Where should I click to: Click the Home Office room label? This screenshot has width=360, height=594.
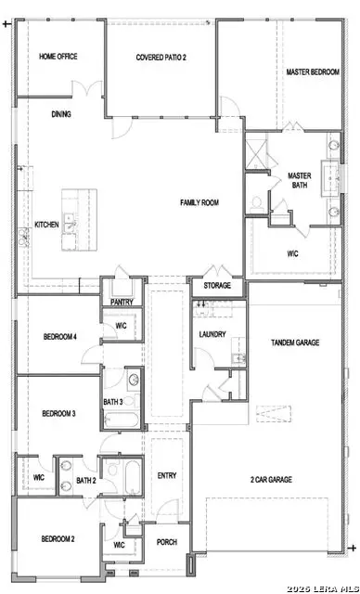[58, 57]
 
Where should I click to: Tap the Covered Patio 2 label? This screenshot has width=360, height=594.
[161, 57]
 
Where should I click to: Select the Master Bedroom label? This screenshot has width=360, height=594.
[311, 71]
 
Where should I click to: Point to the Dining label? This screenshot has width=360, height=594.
[62, 114]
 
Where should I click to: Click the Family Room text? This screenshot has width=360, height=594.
[199, 201]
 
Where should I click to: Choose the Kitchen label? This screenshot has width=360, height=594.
[47, 225]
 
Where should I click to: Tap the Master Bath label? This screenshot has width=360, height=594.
[299, 180]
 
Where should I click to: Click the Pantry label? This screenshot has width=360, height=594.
[122, 302]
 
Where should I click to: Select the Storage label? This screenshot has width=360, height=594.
[217, 286]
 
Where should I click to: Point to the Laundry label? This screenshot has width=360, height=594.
[212, 334]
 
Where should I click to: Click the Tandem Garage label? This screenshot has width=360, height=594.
[294, 342]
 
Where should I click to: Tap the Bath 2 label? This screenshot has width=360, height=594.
[85, 480]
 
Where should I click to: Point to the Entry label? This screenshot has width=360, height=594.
[167, 475]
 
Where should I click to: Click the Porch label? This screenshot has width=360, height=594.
[167, 542]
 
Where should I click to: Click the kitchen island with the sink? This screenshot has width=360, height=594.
[79, 221]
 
